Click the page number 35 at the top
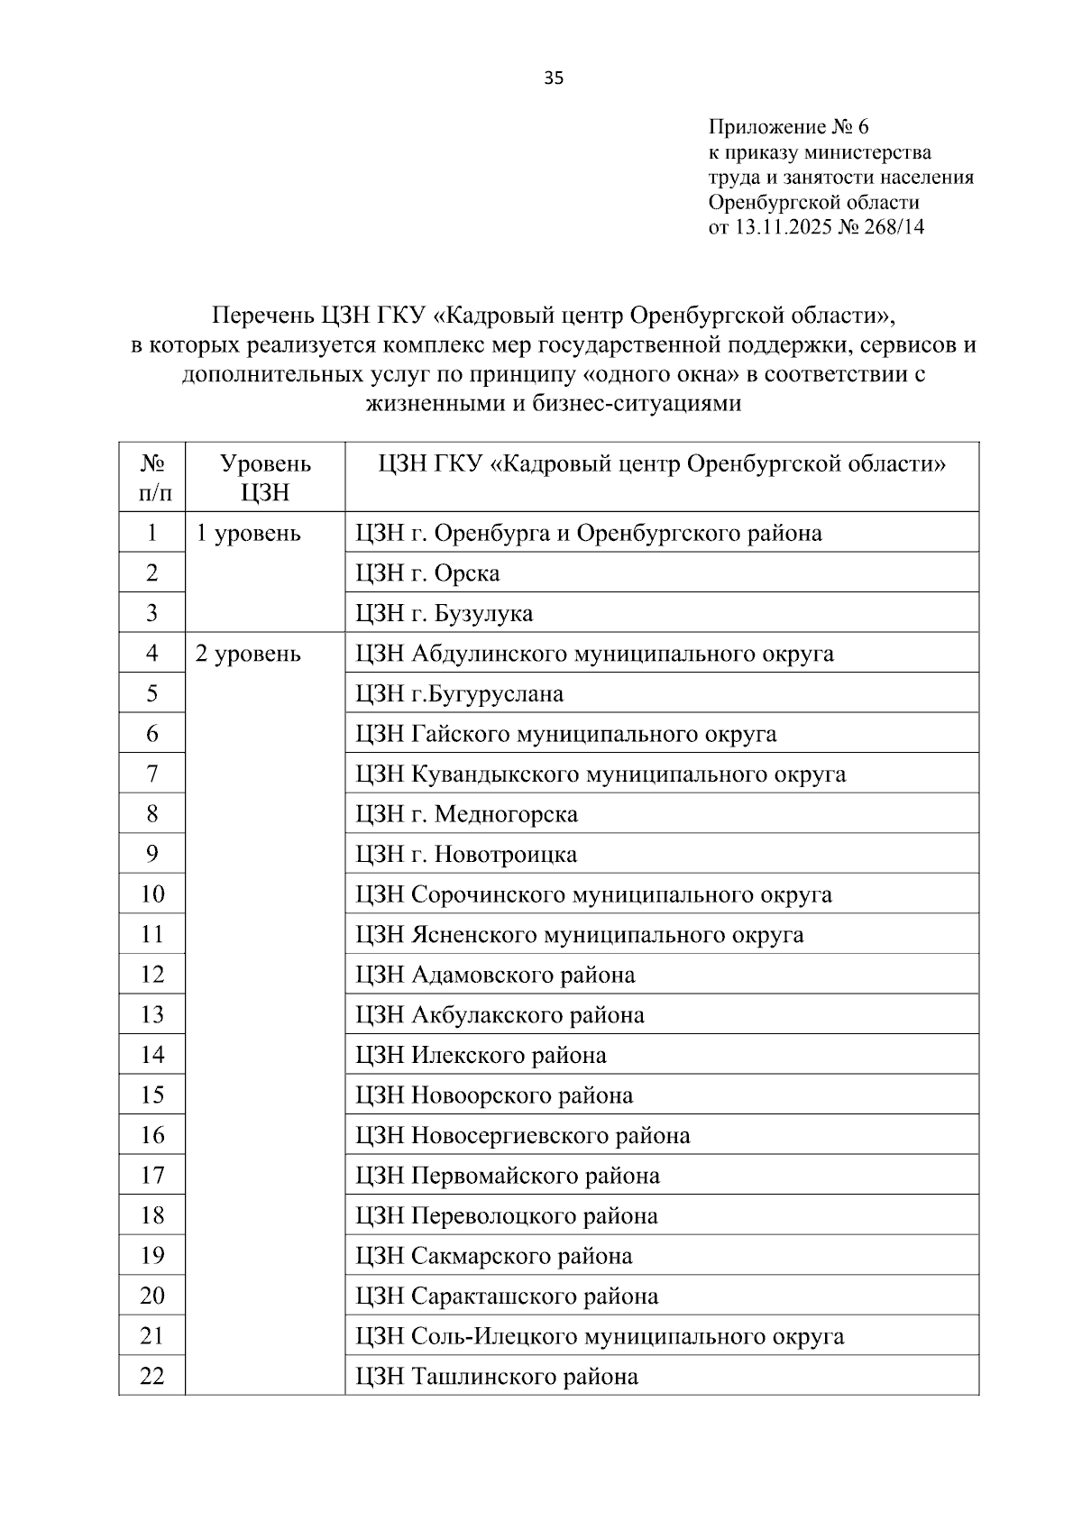[554, 78]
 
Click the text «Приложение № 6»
[788, 126]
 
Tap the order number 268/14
[893, 227]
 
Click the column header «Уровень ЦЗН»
[265, 478]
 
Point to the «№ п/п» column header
[151, 478]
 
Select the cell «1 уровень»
[248, 534]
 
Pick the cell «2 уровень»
[248, 654]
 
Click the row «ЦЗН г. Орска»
[427, 573]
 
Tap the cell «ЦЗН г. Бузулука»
[444, 614]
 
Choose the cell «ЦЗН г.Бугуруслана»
[459, 694]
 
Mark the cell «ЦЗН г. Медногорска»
[466, 814]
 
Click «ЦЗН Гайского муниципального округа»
[565, 734]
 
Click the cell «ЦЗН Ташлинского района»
[497, 1377]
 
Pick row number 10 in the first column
[151, 894]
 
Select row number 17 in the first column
[151, 1176]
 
